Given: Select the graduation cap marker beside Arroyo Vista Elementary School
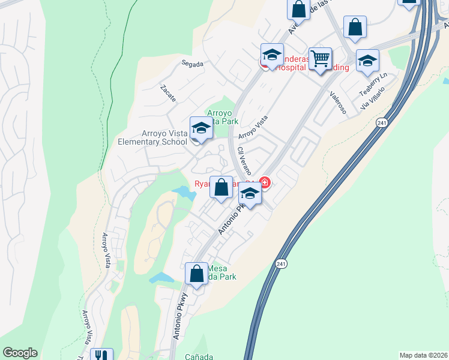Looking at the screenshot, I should tap(201, 127).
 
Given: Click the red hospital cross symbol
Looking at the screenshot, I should tap(264, 182).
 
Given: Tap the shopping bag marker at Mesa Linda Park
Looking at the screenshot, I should tap(196, 274).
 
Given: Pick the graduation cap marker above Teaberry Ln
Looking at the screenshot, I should tap(367, 61).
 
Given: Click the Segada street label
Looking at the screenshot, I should tap(192, 64).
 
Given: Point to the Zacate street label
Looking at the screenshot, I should tap(167, 93).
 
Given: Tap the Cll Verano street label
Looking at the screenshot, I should tap(244, 160).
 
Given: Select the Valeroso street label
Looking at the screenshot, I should tap(339, 100).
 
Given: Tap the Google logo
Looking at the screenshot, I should tap(20, 353).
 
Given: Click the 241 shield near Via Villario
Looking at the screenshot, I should tap(382, 123).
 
